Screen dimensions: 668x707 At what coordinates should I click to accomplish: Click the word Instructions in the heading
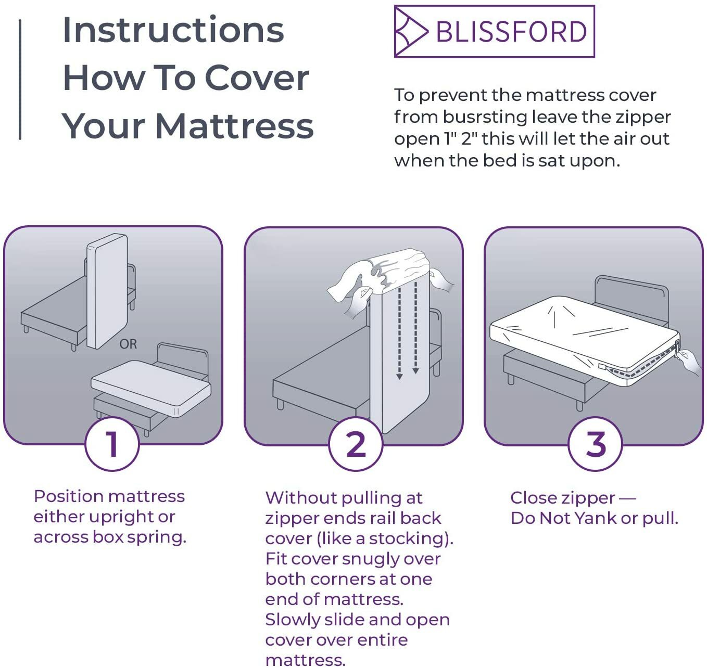click(173, 30)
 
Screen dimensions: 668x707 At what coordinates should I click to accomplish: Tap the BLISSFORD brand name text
click(511, 32)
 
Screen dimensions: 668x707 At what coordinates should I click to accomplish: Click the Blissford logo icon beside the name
click(411, 32)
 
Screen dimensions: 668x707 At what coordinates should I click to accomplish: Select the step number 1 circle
click(112, 444)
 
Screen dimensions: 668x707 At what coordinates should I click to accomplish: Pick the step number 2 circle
click(356, 444)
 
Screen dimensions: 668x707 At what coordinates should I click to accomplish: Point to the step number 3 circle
click(595, 444)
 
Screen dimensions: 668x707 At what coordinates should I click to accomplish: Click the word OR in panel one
click(128, 344)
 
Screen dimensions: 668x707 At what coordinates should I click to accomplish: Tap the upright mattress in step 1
click(107, 291)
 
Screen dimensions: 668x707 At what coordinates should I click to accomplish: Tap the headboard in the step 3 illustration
click(632, 291)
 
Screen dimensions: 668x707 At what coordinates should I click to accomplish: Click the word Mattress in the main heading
click(234, 126)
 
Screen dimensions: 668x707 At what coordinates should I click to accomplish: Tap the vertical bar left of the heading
click(20, 79)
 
